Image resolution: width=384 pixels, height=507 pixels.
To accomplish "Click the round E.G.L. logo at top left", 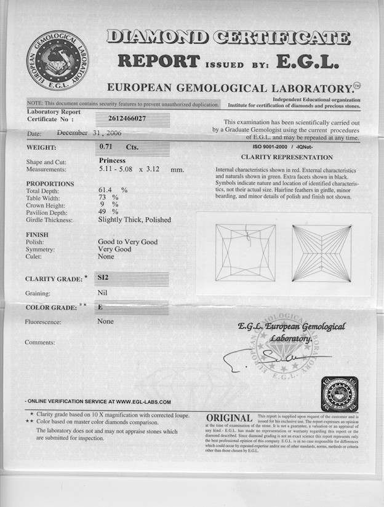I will (57, 60).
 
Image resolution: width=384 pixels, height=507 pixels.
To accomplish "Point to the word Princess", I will (112, 160).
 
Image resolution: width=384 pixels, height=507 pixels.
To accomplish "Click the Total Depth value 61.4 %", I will (112, 190).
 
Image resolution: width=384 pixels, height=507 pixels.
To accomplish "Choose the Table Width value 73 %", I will (108, 197).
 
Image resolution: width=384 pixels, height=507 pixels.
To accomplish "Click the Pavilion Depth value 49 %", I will (108, 212).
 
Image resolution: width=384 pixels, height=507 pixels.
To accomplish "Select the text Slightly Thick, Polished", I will (134, 219).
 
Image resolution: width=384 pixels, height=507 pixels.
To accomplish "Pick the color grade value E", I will (100, 306).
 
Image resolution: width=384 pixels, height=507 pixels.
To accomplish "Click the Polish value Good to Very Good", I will (127, 242).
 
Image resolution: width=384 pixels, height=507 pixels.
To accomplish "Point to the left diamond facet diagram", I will (245, 253).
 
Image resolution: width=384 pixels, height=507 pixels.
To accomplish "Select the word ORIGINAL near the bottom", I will (229, 419).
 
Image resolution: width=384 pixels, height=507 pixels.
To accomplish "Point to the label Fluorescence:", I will (47, 321).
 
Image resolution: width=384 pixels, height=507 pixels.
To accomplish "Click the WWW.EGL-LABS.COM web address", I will (143, 402).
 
